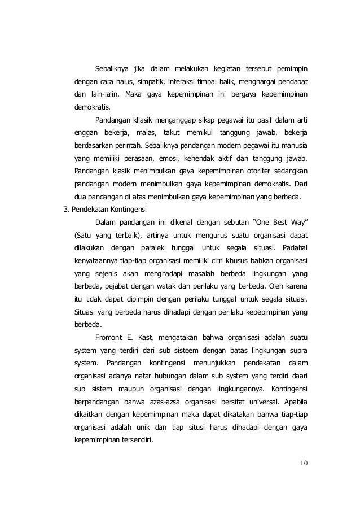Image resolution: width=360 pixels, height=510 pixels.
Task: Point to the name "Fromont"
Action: pyautogui.click(x=112, y=338)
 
